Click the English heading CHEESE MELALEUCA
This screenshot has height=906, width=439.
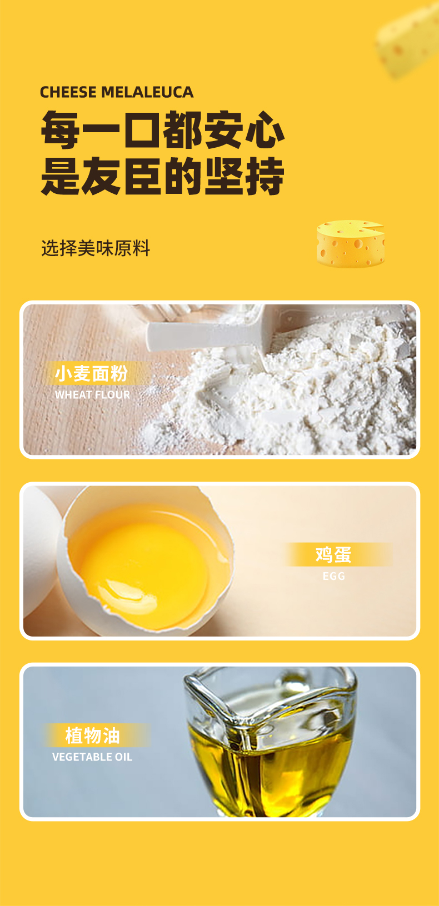point(117,92)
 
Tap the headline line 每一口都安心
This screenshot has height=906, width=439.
point(163,129)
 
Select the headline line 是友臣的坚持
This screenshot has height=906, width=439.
point(163,176)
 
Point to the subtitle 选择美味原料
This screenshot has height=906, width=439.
point(96,248)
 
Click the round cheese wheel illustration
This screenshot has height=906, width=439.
point(351,244)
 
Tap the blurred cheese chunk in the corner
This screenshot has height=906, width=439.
point(408,41)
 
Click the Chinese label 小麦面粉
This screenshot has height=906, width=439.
point(92,373)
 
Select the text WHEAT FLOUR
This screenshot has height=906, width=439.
point(92,395)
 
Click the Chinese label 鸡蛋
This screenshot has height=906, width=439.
point(333,554)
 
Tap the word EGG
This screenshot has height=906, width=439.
point(334,576)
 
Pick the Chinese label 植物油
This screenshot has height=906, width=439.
point(93,735)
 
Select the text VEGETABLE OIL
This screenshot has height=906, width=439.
point(92,757)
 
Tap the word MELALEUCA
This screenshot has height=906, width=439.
point(147,92)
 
